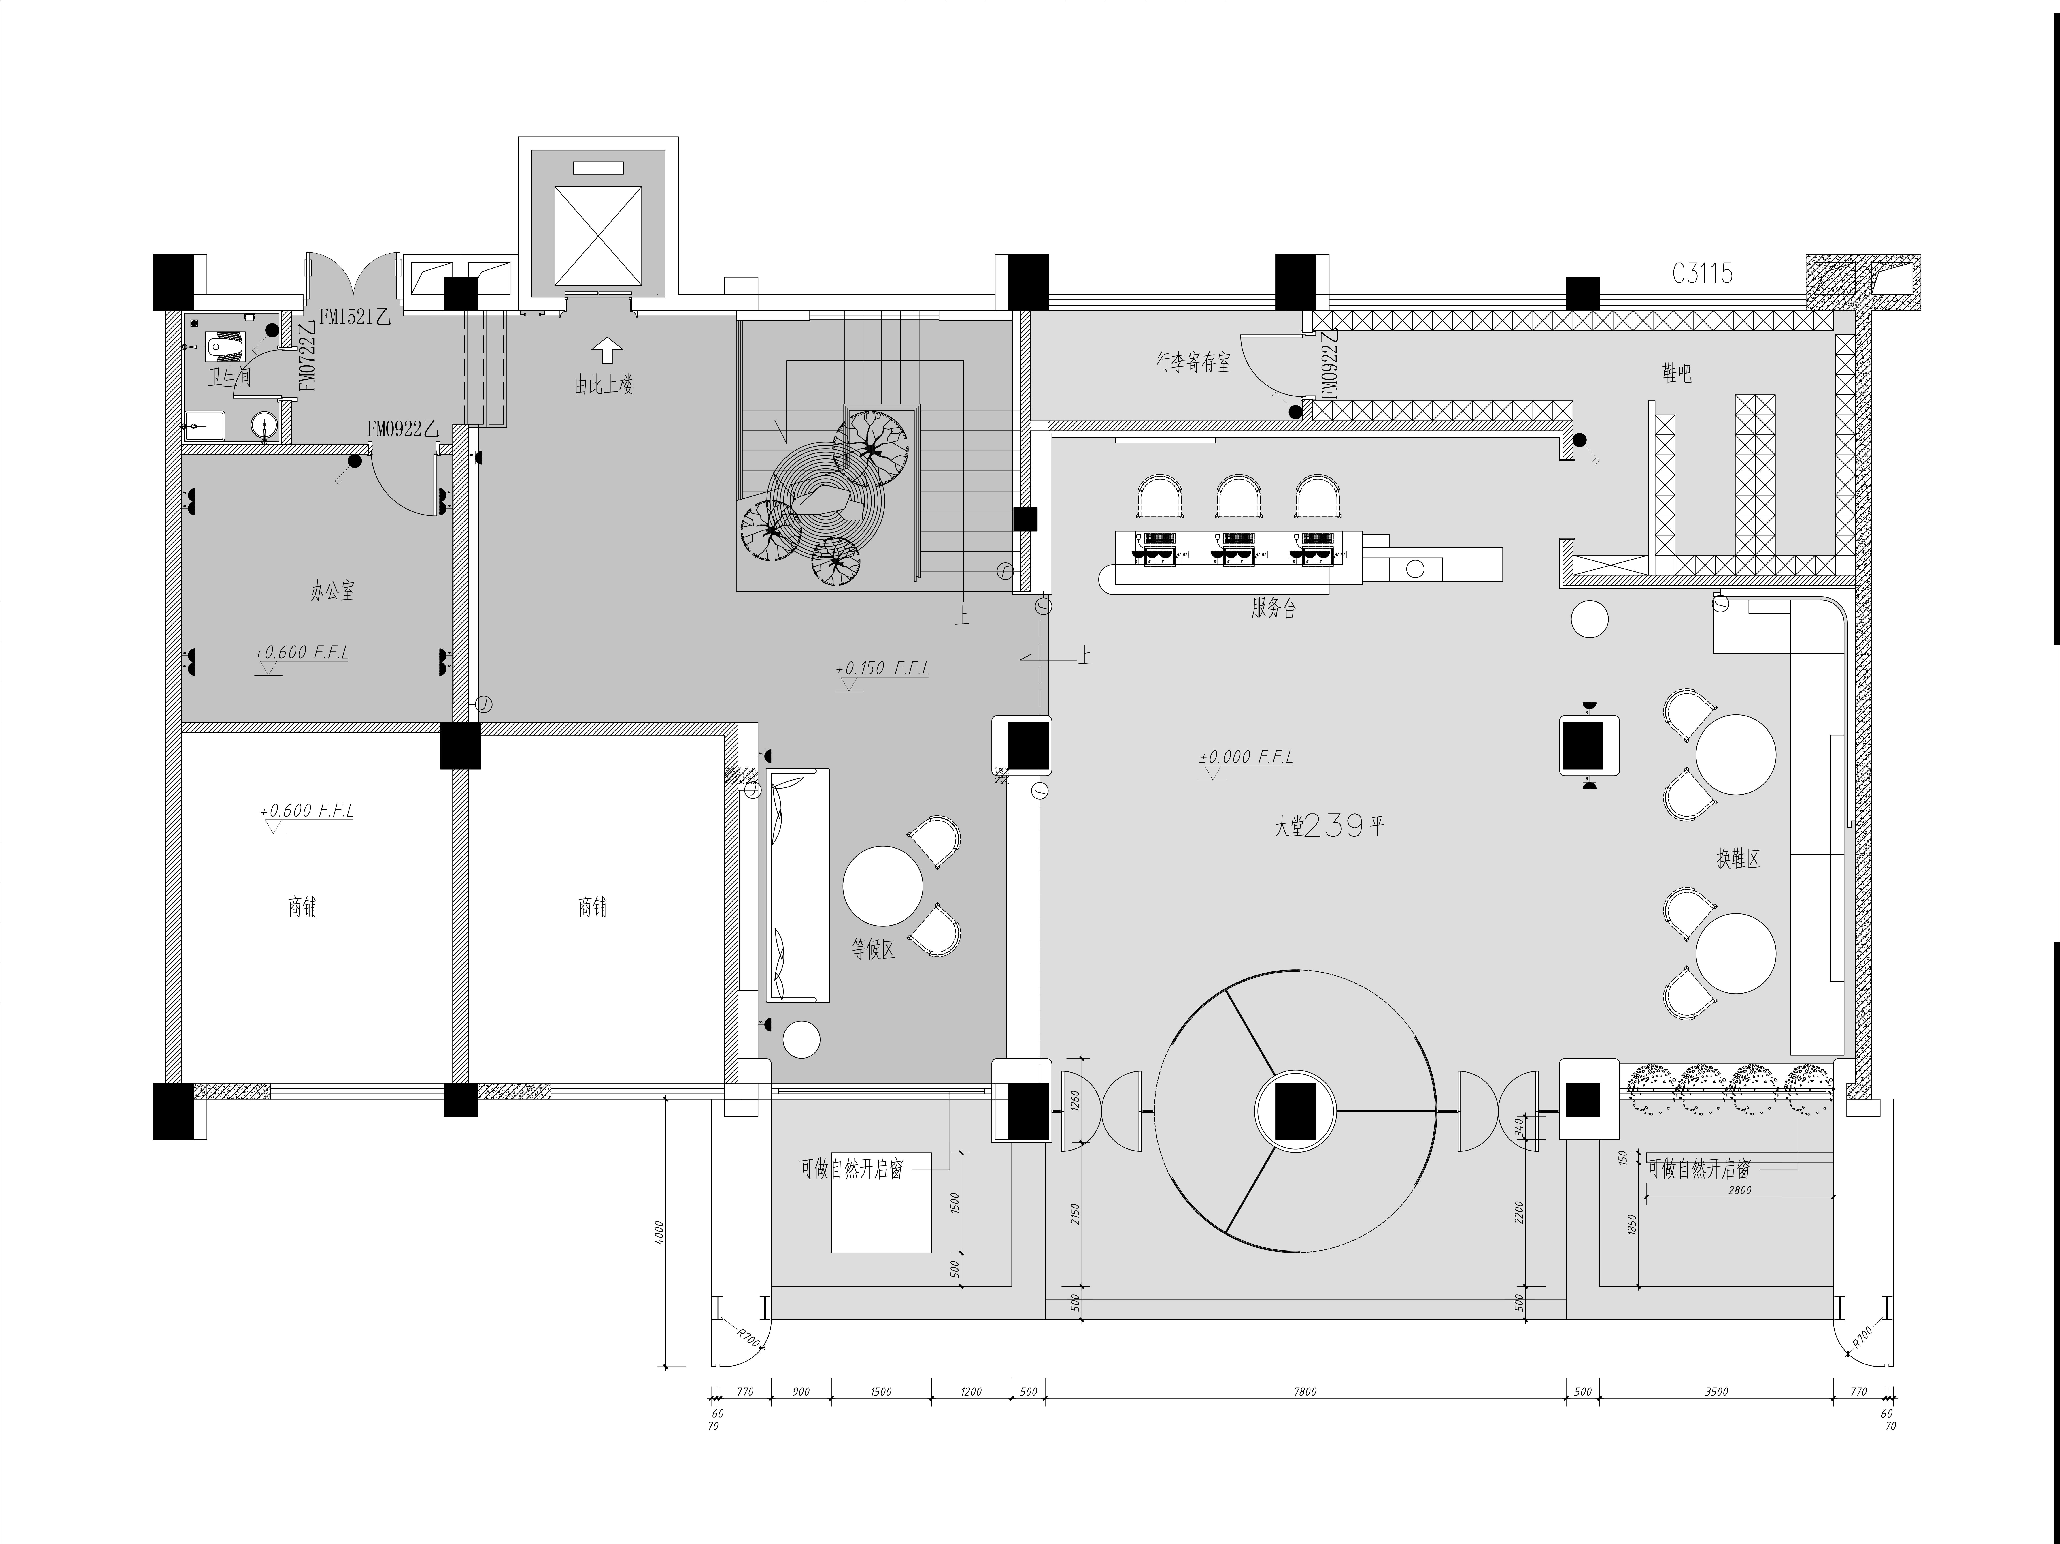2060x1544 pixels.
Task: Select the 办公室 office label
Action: pos(332,591)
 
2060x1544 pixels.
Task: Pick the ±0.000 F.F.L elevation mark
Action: pos(1246,757)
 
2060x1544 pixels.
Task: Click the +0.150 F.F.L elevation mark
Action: pos(882,668)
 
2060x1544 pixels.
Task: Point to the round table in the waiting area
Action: pos(882,885)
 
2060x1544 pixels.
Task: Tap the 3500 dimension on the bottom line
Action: pos(1716,1392)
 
